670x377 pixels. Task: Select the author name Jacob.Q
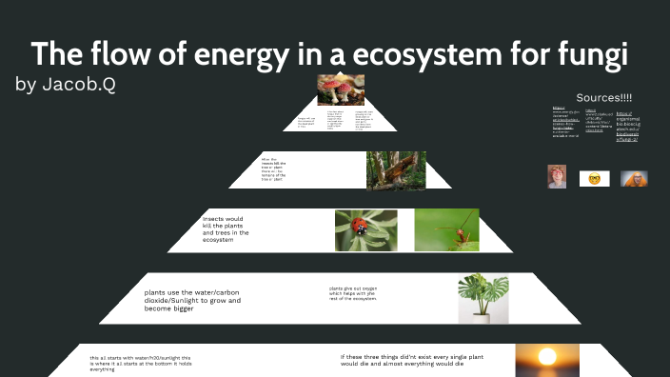coord(81,85)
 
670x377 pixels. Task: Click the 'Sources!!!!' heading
coord(604,99)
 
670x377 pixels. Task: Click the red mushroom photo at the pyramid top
coord(341,90)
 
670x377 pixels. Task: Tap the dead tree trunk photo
coord(389,170)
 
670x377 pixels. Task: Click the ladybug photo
coord(366,230)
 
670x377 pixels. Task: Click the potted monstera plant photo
coord(483,298)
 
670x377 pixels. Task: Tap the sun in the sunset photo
coord(547,359)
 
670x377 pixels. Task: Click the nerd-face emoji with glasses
coord(595,178)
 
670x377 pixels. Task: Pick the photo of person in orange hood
coord(634,178)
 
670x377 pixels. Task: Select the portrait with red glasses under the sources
coord(557,177)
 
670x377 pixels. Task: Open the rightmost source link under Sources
coord(630,127)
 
